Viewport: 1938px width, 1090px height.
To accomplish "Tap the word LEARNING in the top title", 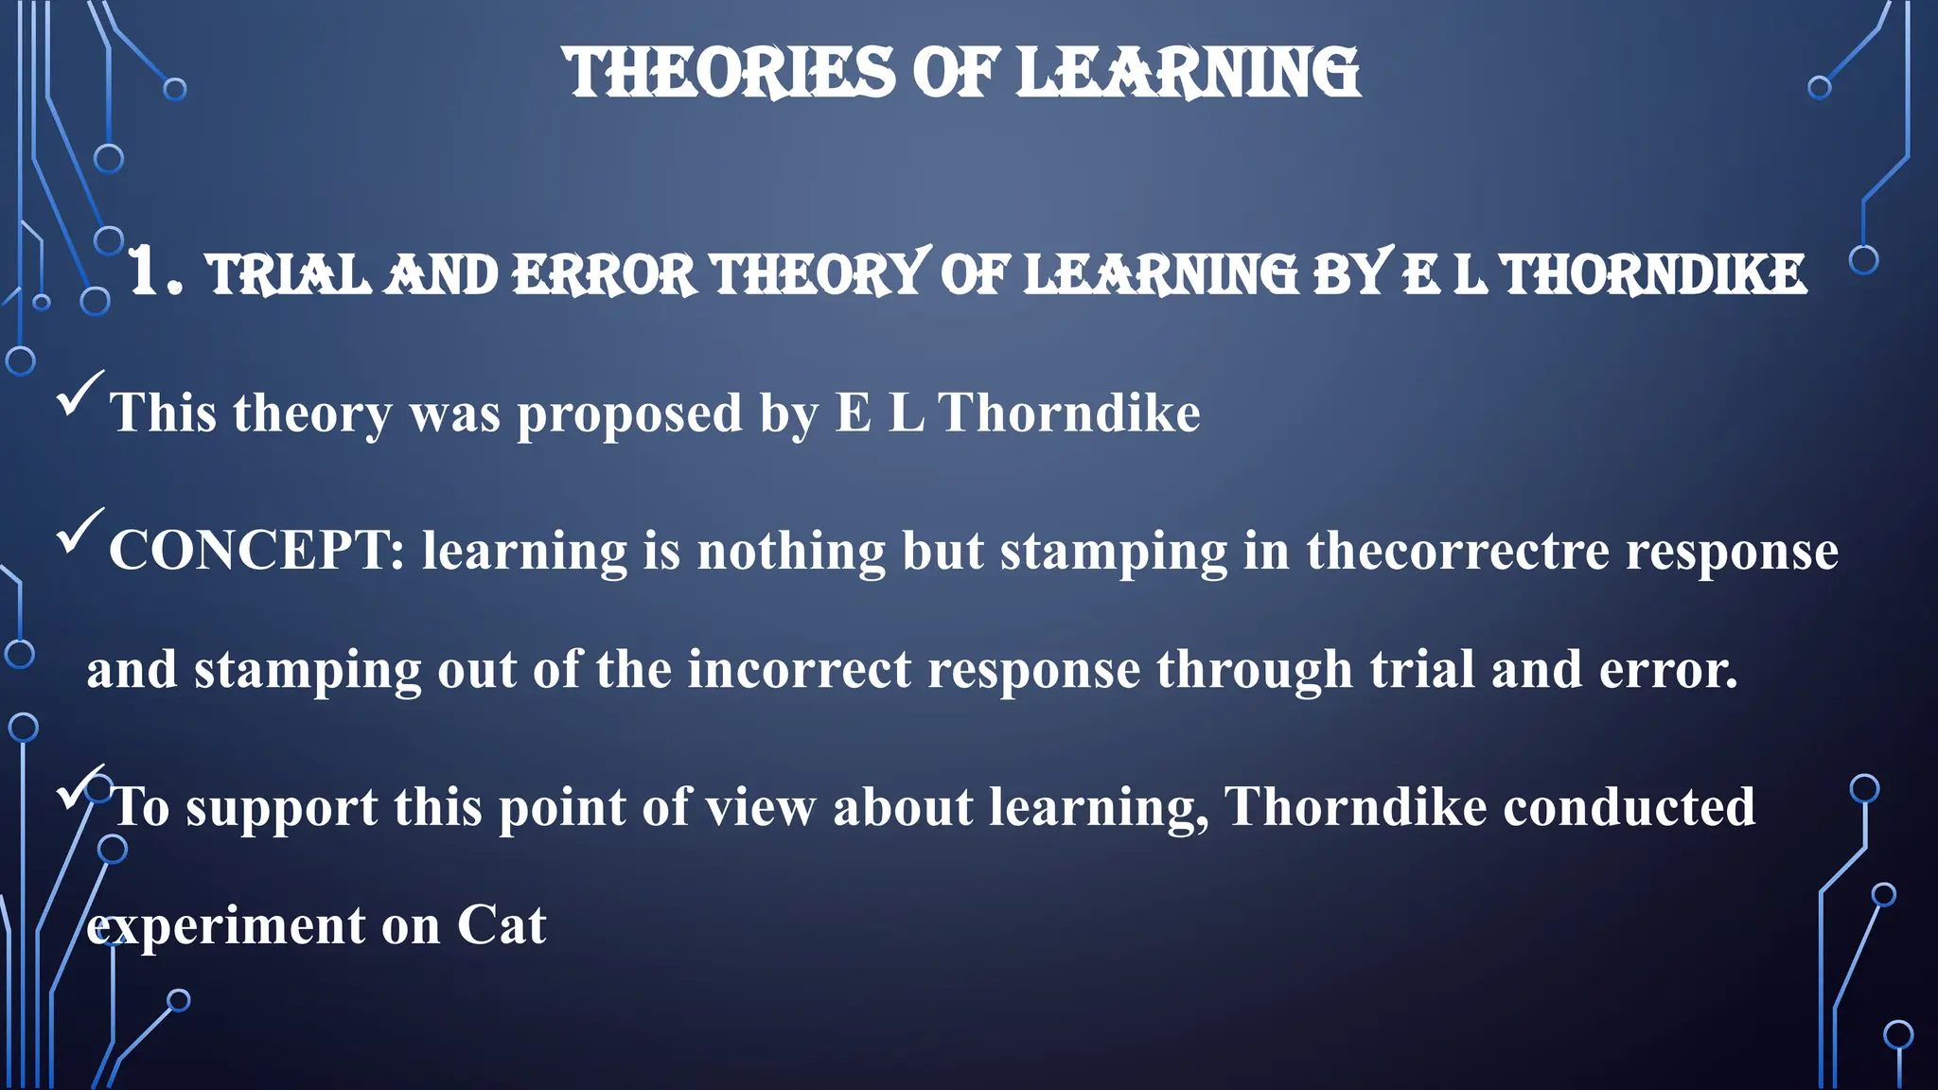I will [1188, 74].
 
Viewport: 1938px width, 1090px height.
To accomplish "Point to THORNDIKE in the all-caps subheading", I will [1654, 275].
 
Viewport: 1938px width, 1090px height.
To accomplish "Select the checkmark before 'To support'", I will [79, 787].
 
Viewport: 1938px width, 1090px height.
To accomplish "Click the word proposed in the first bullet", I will [629, 414].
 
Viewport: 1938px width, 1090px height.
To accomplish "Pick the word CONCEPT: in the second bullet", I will [256, 551].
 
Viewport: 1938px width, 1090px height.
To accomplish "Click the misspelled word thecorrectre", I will [1457, 551].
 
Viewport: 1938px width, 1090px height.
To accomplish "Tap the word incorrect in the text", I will [799, 670].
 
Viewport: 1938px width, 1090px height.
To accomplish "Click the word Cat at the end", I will [502, 925].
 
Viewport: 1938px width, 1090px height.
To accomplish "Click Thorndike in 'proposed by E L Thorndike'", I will [1068, 413].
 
